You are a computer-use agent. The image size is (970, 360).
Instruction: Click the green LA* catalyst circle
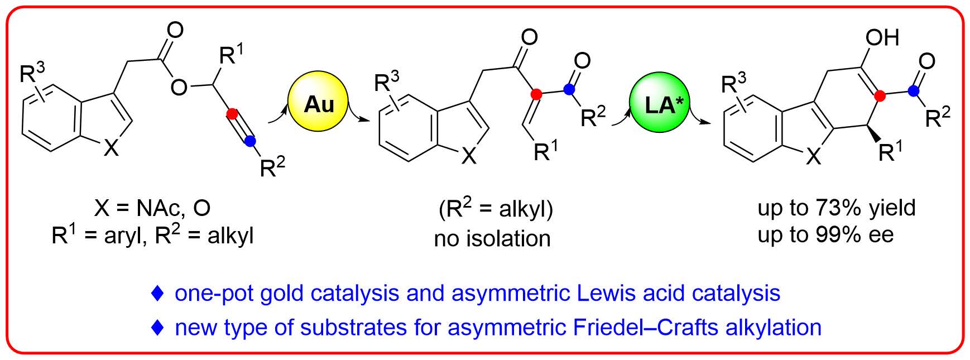(661, 104)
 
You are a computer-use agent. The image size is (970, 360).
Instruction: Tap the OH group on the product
(882, 38)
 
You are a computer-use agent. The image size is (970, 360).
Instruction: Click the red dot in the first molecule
(232, 114)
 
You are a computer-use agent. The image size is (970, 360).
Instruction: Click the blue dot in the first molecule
(250, 142)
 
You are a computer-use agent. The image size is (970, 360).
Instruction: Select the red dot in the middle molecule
(536, 95)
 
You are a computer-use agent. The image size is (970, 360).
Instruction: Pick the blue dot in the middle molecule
(568, 88)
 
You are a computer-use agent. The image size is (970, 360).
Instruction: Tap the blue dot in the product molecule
(913, 89)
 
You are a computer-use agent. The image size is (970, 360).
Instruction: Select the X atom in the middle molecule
(470, 158)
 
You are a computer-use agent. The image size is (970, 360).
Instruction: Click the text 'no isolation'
(492, 239)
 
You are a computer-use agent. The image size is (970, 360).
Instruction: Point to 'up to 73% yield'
(837, 208)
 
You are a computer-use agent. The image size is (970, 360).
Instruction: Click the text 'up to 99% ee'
(825, 234)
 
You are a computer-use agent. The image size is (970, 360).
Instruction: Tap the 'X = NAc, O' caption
(152, 208)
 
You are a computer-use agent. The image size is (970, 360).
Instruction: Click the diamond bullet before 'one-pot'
(159, 293)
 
